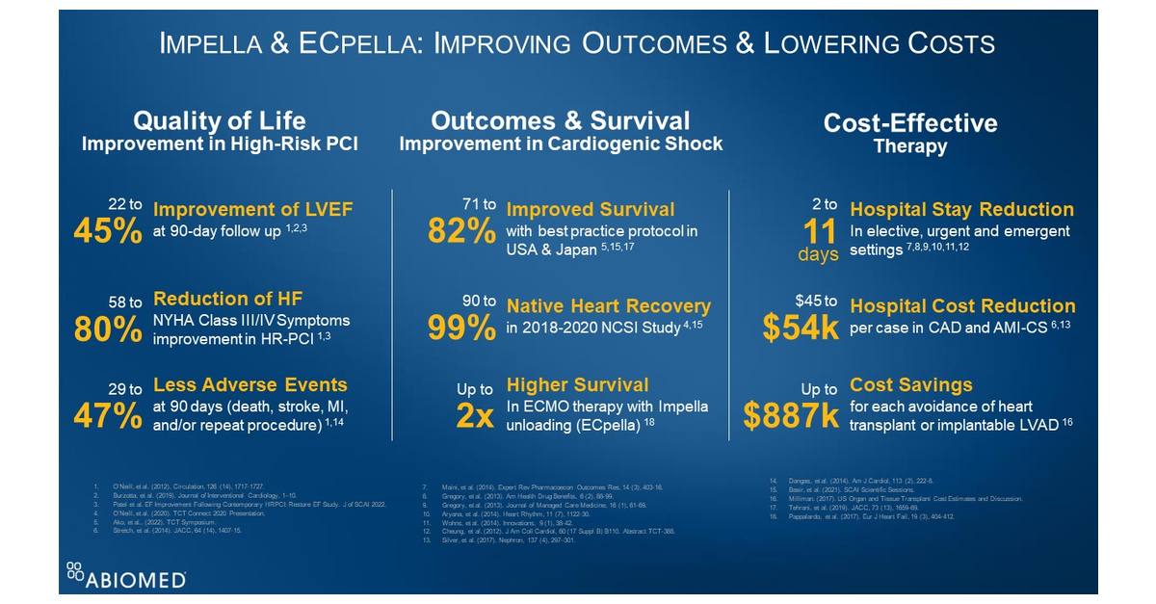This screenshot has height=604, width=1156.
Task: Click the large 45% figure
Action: [x=108, y=232]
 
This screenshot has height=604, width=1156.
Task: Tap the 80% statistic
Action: [x=108, y=329]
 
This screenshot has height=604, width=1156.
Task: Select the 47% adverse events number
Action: [x=108, y=416]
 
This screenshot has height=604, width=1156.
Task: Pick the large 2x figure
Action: [x=474, y=416]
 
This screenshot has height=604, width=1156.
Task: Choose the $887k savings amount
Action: [x=791, y=416]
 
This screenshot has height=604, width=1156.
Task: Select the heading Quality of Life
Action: [x=219, y=121]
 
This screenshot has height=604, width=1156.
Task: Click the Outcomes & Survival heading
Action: [x=561, y=121]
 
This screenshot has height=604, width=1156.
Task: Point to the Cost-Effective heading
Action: [x=910, y=123]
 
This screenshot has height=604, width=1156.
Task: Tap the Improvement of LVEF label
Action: [x=253, y=209]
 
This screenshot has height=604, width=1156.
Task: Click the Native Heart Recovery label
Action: [x=609, y=306]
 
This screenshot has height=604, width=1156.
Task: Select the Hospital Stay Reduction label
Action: [x=961, y=209]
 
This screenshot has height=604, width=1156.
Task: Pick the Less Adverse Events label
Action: [x=250, y=384]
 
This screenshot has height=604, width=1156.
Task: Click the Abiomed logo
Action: [x=126, y=575]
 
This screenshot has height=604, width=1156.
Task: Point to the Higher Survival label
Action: [x=578, y=384]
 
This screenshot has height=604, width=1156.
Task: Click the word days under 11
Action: [x=818, y=255]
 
